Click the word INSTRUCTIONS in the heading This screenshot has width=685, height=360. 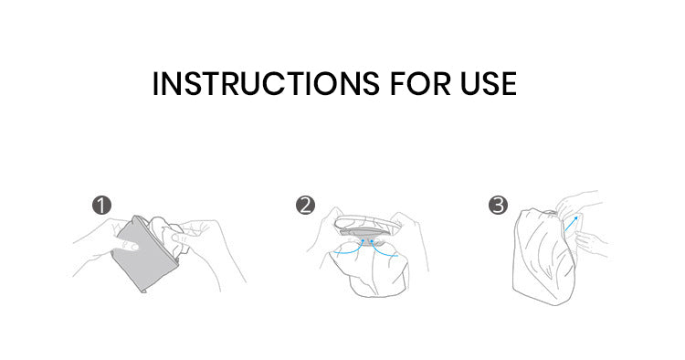(266, 83)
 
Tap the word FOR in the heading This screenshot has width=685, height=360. (420, 83)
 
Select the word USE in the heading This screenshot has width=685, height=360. (489, 83)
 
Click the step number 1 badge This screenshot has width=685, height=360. (101, 205)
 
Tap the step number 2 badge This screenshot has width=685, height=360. (305, 205)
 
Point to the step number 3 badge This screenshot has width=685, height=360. (498, 205)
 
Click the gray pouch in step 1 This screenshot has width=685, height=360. (144, 254)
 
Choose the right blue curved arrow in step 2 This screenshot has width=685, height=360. (384, 249)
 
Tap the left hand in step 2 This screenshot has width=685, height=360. (329, 231)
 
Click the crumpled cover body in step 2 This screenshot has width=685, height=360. (368, 270)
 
